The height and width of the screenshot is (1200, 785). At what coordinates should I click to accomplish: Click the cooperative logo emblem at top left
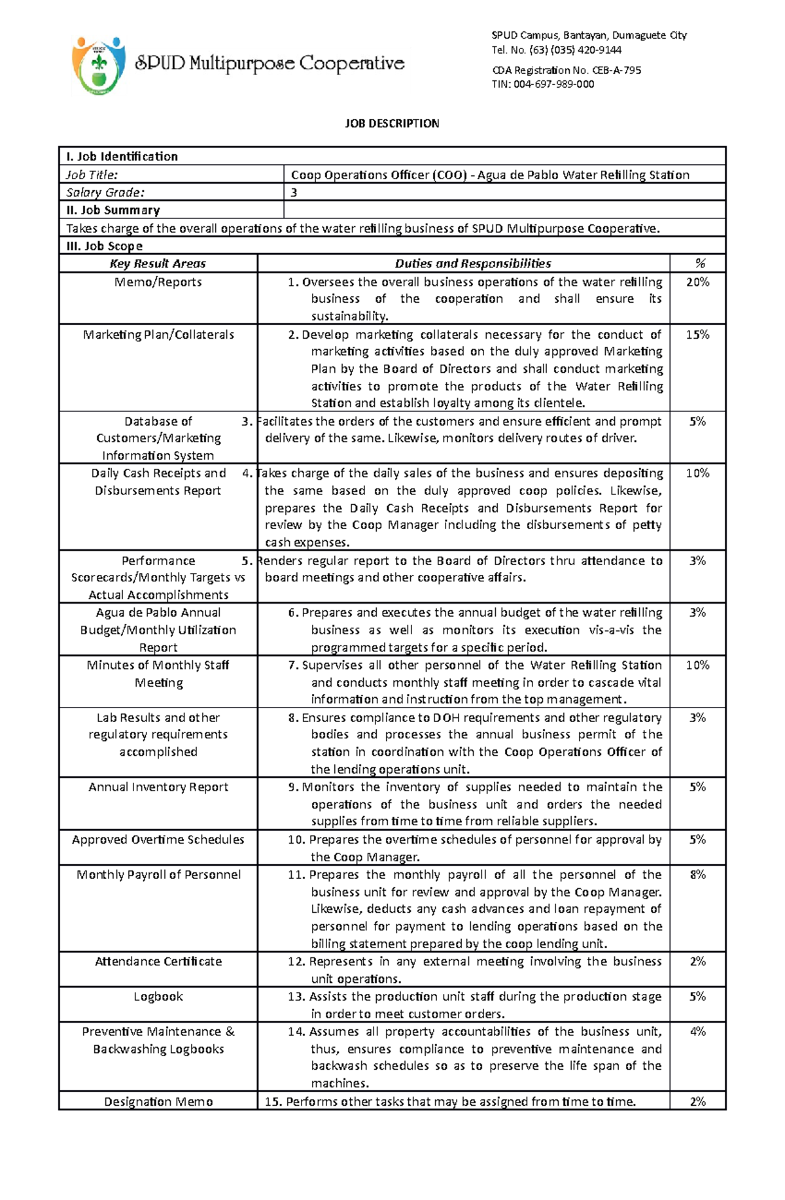point(98,65)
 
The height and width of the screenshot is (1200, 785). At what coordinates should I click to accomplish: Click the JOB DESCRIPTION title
point(392,124)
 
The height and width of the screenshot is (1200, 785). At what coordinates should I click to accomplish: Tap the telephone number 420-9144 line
point(556,50)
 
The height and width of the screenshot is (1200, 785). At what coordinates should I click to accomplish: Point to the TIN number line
point(543,84)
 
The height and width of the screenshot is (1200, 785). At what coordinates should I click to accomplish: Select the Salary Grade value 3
point(294,192)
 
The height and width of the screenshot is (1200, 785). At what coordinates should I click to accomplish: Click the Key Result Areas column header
point(158,264)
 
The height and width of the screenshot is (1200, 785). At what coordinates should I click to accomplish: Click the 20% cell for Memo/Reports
point(697,282)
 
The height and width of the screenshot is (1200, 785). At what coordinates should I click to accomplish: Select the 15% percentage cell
point(697,334)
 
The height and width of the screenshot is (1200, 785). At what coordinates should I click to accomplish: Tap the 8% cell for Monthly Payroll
point(697,874)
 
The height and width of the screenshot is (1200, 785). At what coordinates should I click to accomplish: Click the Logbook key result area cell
point(158,997)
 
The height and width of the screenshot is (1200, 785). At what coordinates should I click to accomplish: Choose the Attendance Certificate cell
point(158,961)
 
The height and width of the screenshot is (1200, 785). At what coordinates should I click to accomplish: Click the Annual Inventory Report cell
point(158,787)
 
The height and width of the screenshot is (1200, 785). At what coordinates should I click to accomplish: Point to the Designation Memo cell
point(158,1102)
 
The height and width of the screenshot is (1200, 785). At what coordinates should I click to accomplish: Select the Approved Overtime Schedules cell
point(158,840)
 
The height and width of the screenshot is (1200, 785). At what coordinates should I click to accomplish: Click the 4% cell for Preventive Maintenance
point(697,1031)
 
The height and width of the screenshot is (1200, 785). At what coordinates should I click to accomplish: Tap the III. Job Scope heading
point(104,246)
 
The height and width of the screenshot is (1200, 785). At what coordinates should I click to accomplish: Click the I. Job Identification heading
point(121,156)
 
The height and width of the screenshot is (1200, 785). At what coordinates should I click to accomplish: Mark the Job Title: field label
point(92,175)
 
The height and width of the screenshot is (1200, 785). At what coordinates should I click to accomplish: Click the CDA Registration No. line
point(566,70)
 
